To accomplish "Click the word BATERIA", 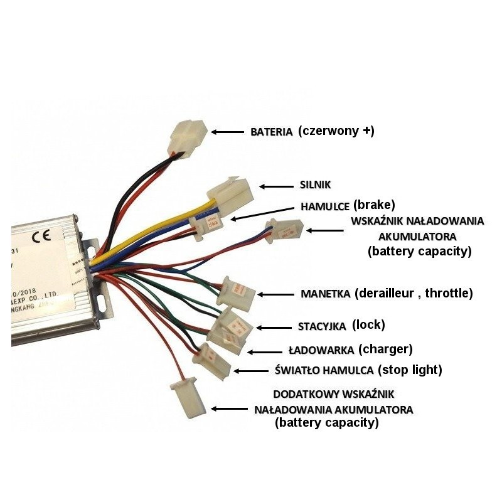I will tap(272, 132).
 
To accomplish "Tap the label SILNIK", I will tap(314, 186).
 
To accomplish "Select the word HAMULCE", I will tap(325, 206).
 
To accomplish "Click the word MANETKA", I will tap(326, 294).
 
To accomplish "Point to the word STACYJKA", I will tap(321, 326).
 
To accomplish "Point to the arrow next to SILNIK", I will tap(275, 186).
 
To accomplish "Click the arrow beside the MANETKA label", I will tap(276, 294).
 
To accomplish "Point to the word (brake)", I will tap(374, 205).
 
